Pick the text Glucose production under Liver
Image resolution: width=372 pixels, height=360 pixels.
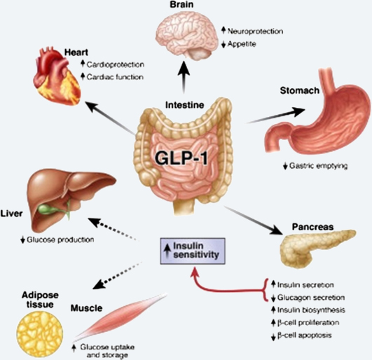(55, 240)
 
